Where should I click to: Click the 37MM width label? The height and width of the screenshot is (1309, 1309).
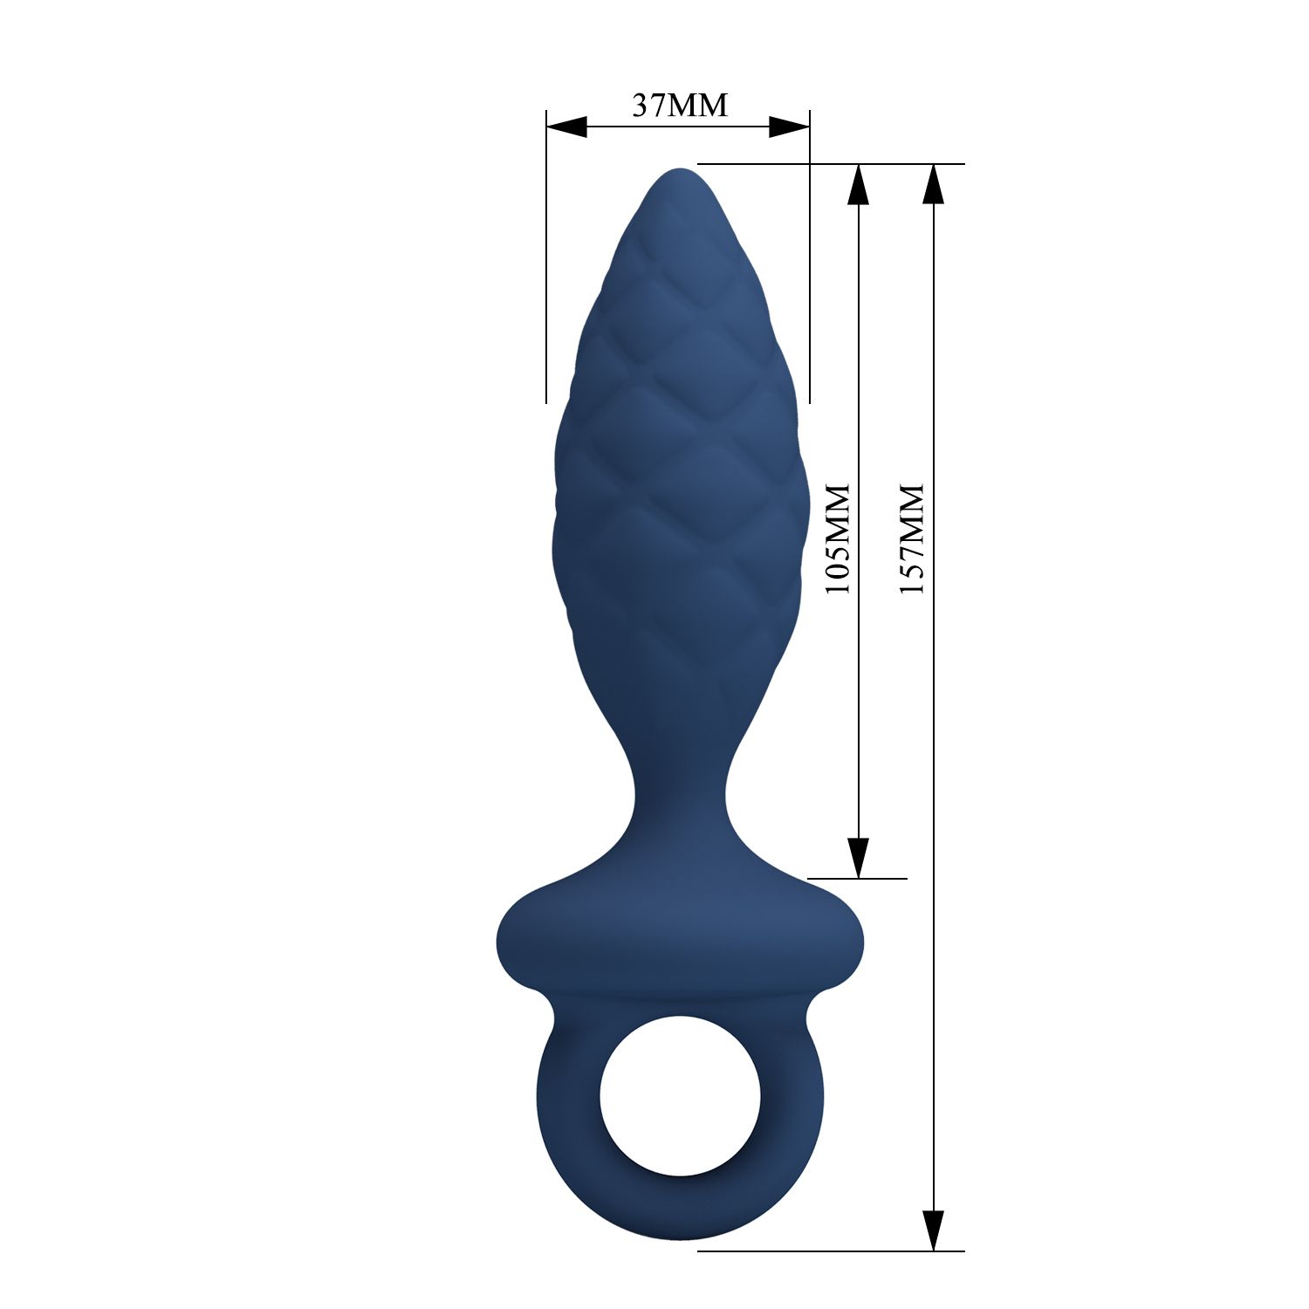[679, 106]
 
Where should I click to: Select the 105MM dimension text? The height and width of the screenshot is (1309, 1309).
[837, 538]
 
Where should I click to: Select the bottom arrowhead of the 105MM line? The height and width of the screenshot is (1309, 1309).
[859, 857]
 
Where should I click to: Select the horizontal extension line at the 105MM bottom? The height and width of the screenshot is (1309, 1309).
[873, 878]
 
